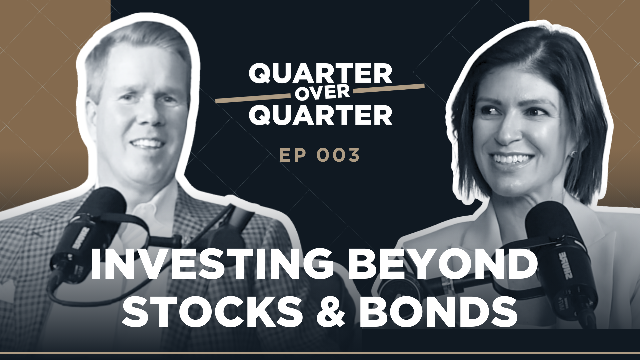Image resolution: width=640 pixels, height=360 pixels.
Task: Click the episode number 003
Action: (x=338, y=155)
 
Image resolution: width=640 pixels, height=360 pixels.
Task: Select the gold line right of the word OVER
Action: (x=388, y=88)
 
